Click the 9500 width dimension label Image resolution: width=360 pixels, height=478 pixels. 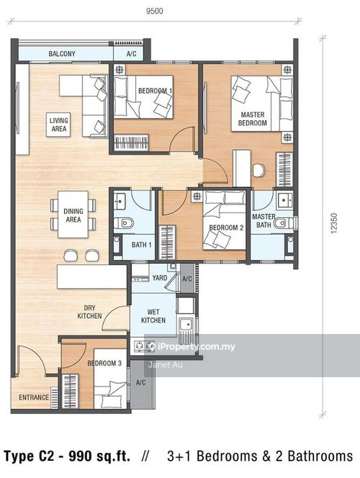155,11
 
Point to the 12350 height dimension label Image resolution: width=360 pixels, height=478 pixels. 334,223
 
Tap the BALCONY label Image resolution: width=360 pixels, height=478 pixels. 62,54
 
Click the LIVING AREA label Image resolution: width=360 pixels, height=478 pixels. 59,125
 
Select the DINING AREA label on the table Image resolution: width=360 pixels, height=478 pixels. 73,215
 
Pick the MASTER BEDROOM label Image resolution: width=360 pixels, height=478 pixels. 253,119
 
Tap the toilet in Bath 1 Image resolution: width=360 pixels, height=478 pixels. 123,223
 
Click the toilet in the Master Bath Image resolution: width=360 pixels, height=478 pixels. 283,223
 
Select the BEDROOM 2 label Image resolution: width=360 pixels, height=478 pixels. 226,227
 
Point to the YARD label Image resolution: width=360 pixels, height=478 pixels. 160,278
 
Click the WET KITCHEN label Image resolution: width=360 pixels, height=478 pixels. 153,316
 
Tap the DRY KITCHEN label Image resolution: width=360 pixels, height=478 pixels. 89,312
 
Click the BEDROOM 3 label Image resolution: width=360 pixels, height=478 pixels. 104,363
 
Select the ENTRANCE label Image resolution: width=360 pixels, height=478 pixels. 34,397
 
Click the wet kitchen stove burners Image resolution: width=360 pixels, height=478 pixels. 144,346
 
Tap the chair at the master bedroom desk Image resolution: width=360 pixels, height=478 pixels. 258,170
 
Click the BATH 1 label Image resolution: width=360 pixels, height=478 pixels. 141,245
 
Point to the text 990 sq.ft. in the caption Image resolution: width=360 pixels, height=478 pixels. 99,456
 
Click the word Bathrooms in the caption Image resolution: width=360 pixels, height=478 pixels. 320,456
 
